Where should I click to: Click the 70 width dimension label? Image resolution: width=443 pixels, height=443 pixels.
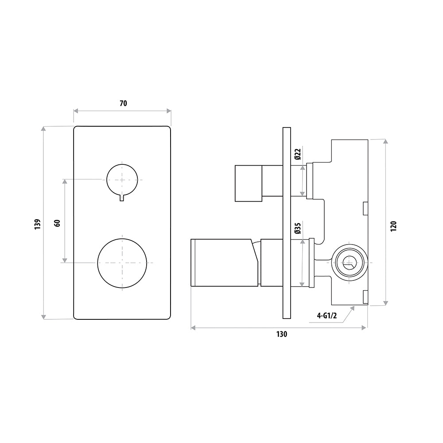tap(123, 104)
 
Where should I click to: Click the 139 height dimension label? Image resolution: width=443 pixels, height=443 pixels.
tap(38, 223)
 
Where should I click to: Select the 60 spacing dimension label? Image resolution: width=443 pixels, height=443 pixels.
tap(57, 222)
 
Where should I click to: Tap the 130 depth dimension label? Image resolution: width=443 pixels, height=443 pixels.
tap(282, 334)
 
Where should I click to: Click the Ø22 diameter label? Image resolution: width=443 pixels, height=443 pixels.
tap(297, 154)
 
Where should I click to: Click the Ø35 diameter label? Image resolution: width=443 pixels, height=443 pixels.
tap(297, 228)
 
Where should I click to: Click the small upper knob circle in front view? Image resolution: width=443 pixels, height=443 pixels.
tap(122, 179)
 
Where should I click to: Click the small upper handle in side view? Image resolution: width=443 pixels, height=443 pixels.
tap(249, 183)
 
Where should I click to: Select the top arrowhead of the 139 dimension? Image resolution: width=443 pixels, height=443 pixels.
tap(43, 129)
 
